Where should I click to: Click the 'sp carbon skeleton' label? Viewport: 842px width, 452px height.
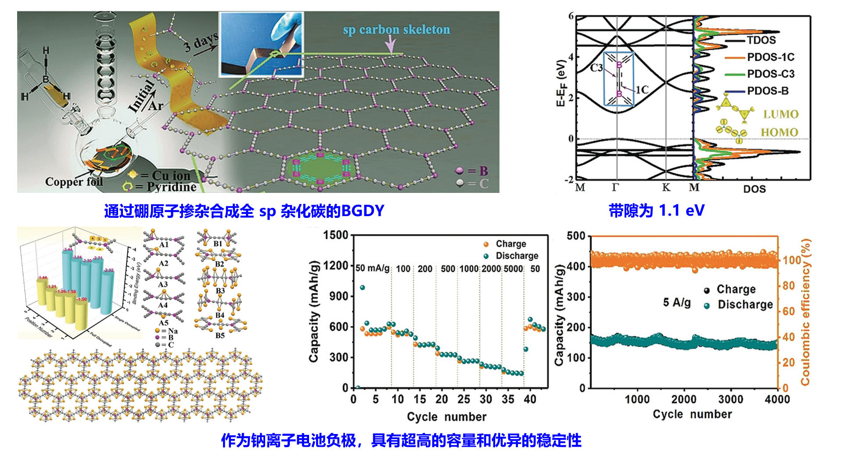coord(396,30)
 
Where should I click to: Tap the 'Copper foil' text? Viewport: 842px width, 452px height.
coord(73,181)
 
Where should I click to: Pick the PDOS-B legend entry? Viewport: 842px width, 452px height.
coord(767,91)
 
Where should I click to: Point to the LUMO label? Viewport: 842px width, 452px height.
coord(781,114)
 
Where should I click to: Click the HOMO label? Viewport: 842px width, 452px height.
coord(779,132)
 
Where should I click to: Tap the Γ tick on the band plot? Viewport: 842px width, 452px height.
coord(616,188)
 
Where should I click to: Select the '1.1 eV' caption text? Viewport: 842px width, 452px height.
coord(681,211)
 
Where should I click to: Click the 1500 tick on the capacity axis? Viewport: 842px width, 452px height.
coord(335,235)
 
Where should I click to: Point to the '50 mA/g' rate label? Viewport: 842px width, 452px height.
coord(372,268)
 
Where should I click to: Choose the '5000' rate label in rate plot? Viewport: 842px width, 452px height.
coord(513,269)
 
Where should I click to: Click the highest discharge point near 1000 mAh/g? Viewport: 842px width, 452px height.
coord(362,288)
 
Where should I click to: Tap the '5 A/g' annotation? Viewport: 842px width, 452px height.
coord(676,303)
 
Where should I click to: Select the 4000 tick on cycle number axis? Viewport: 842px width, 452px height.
coord(777,399)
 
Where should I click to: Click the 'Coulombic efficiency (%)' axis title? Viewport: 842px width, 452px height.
coord(806,312)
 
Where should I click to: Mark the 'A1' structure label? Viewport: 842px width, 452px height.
coord(163,245)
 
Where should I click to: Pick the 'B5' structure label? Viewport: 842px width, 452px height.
coord(220,336)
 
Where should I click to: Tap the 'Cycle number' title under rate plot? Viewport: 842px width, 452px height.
coord(446,417)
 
